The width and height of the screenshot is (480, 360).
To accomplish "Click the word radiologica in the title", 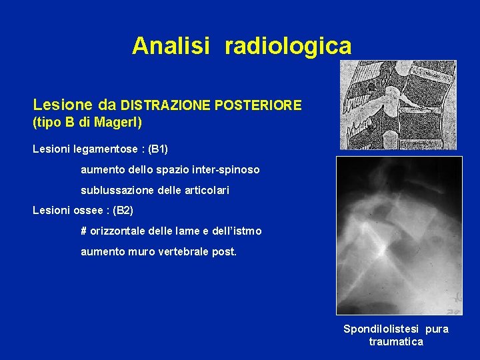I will click(x=288, y=46).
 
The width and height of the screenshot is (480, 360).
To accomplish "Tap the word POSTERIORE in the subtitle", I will click(x=263, y=105).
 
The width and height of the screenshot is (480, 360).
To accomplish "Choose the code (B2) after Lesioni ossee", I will click(x=123, y=211).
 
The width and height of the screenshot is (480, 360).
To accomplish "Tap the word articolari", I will click(x=205, y=191).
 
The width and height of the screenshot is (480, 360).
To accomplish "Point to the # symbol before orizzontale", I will click(x=84, y=231).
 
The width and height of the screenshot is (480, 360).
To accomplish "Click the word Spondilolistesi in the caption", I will click(x=376, y=329).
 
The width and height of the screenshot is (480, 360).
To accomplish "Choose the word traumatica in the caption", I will click(x=396, y=342).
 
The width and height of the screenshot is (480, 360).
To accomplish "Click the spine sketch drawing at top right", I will click(x=398, y=105).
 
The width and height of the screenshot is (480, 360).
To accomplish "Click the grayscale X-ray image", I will click(x=399, y=235).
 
